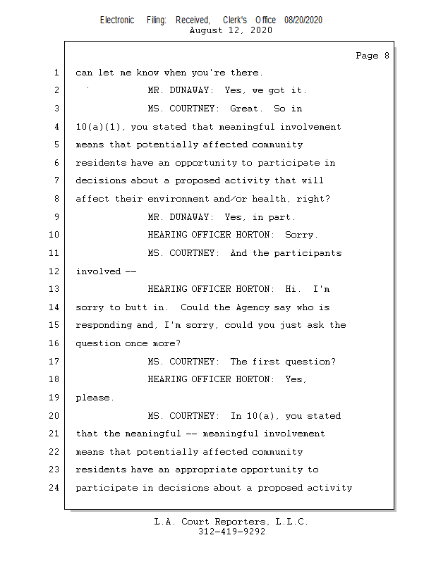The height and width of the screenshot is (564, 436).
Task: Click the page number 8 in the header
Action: click(386, 56)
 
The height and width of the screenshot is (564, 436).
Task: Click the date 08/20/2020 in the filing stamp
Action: click(303, 20)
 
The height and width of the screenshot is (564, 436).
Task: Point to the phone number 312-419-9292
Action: click(231, 532)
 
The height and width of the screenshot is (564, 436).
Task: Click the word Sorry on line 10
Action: click(301, 235)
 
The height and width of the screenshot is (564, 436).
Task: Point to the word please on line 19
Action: click(94, 398)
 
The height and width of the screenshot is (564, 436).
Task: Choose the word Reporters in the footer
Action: click(240, 522)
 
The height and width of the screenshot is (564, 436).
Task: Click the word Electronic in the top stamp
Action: click(117, 20)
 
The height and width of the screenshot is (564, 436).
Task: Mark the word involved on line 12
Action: click(98, 271)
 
